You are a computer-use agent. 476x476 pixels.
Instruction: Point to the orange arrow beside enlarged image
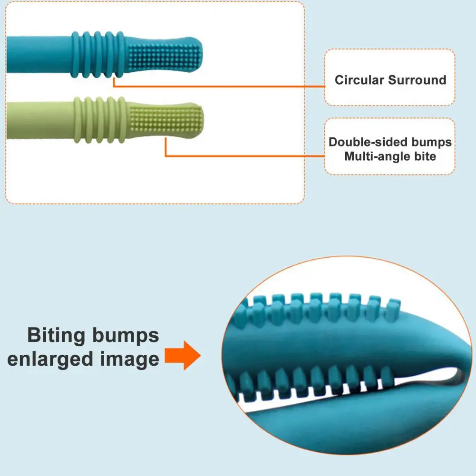[x=183, y=357]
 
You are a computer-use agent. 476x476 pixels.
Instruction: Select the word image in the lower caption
[x=129, y=359]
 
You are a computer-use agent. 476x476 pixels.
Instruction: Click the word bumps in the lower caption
[x=126, y=335]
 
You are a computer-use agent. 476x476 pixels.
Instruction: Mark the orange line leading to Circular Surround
[x=219, y=87]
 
